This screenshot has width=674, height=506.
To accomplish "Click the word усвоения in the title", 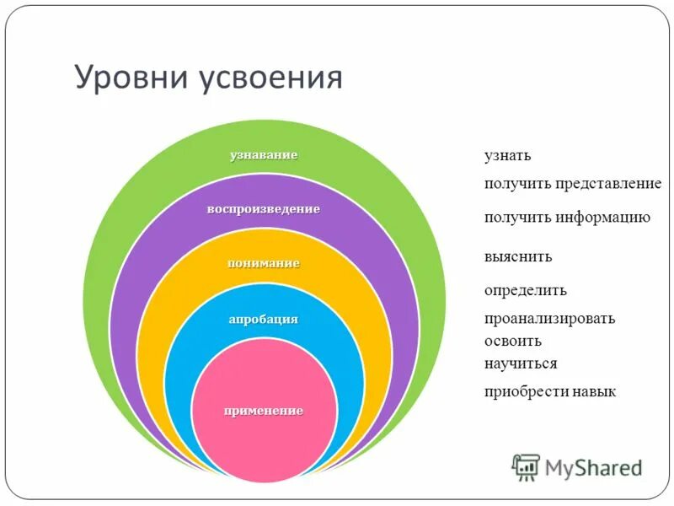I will click(271, 78).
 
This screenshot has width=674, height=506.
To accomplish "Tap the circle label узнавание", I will click(264, 155).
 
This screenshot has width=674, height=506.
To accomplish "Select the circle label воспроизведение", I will click(264, 209).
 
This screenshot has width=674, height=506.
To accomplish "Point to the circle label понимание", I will click(264, 263).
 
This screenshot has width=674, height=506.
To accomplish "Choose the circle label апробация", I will click(264, 320).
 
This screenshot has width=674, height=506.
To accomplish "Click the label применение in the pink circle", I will click(264, 411).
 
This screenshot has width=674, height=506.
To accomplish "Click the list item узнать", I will click(507, 156).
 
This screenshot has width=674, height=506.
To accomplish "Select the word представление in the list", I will click(608, 184).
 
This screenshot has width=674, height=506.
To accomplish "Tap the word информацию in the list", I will click(602, 218).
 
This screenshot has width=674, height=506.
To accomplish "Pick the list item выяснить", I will click(518, 256).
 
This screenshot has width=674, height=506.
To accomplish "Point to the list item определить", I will click(525, 291).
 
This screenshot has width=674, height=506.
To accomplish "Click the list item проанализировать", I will click(549, 319).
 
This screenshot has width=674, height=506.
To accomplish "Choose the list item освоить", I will click(512, 342).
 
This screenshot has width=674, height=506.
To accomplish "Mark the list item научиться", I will click(521, 363).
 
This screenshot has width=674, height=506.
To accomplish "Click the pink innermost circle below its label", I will click(264, 447).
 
